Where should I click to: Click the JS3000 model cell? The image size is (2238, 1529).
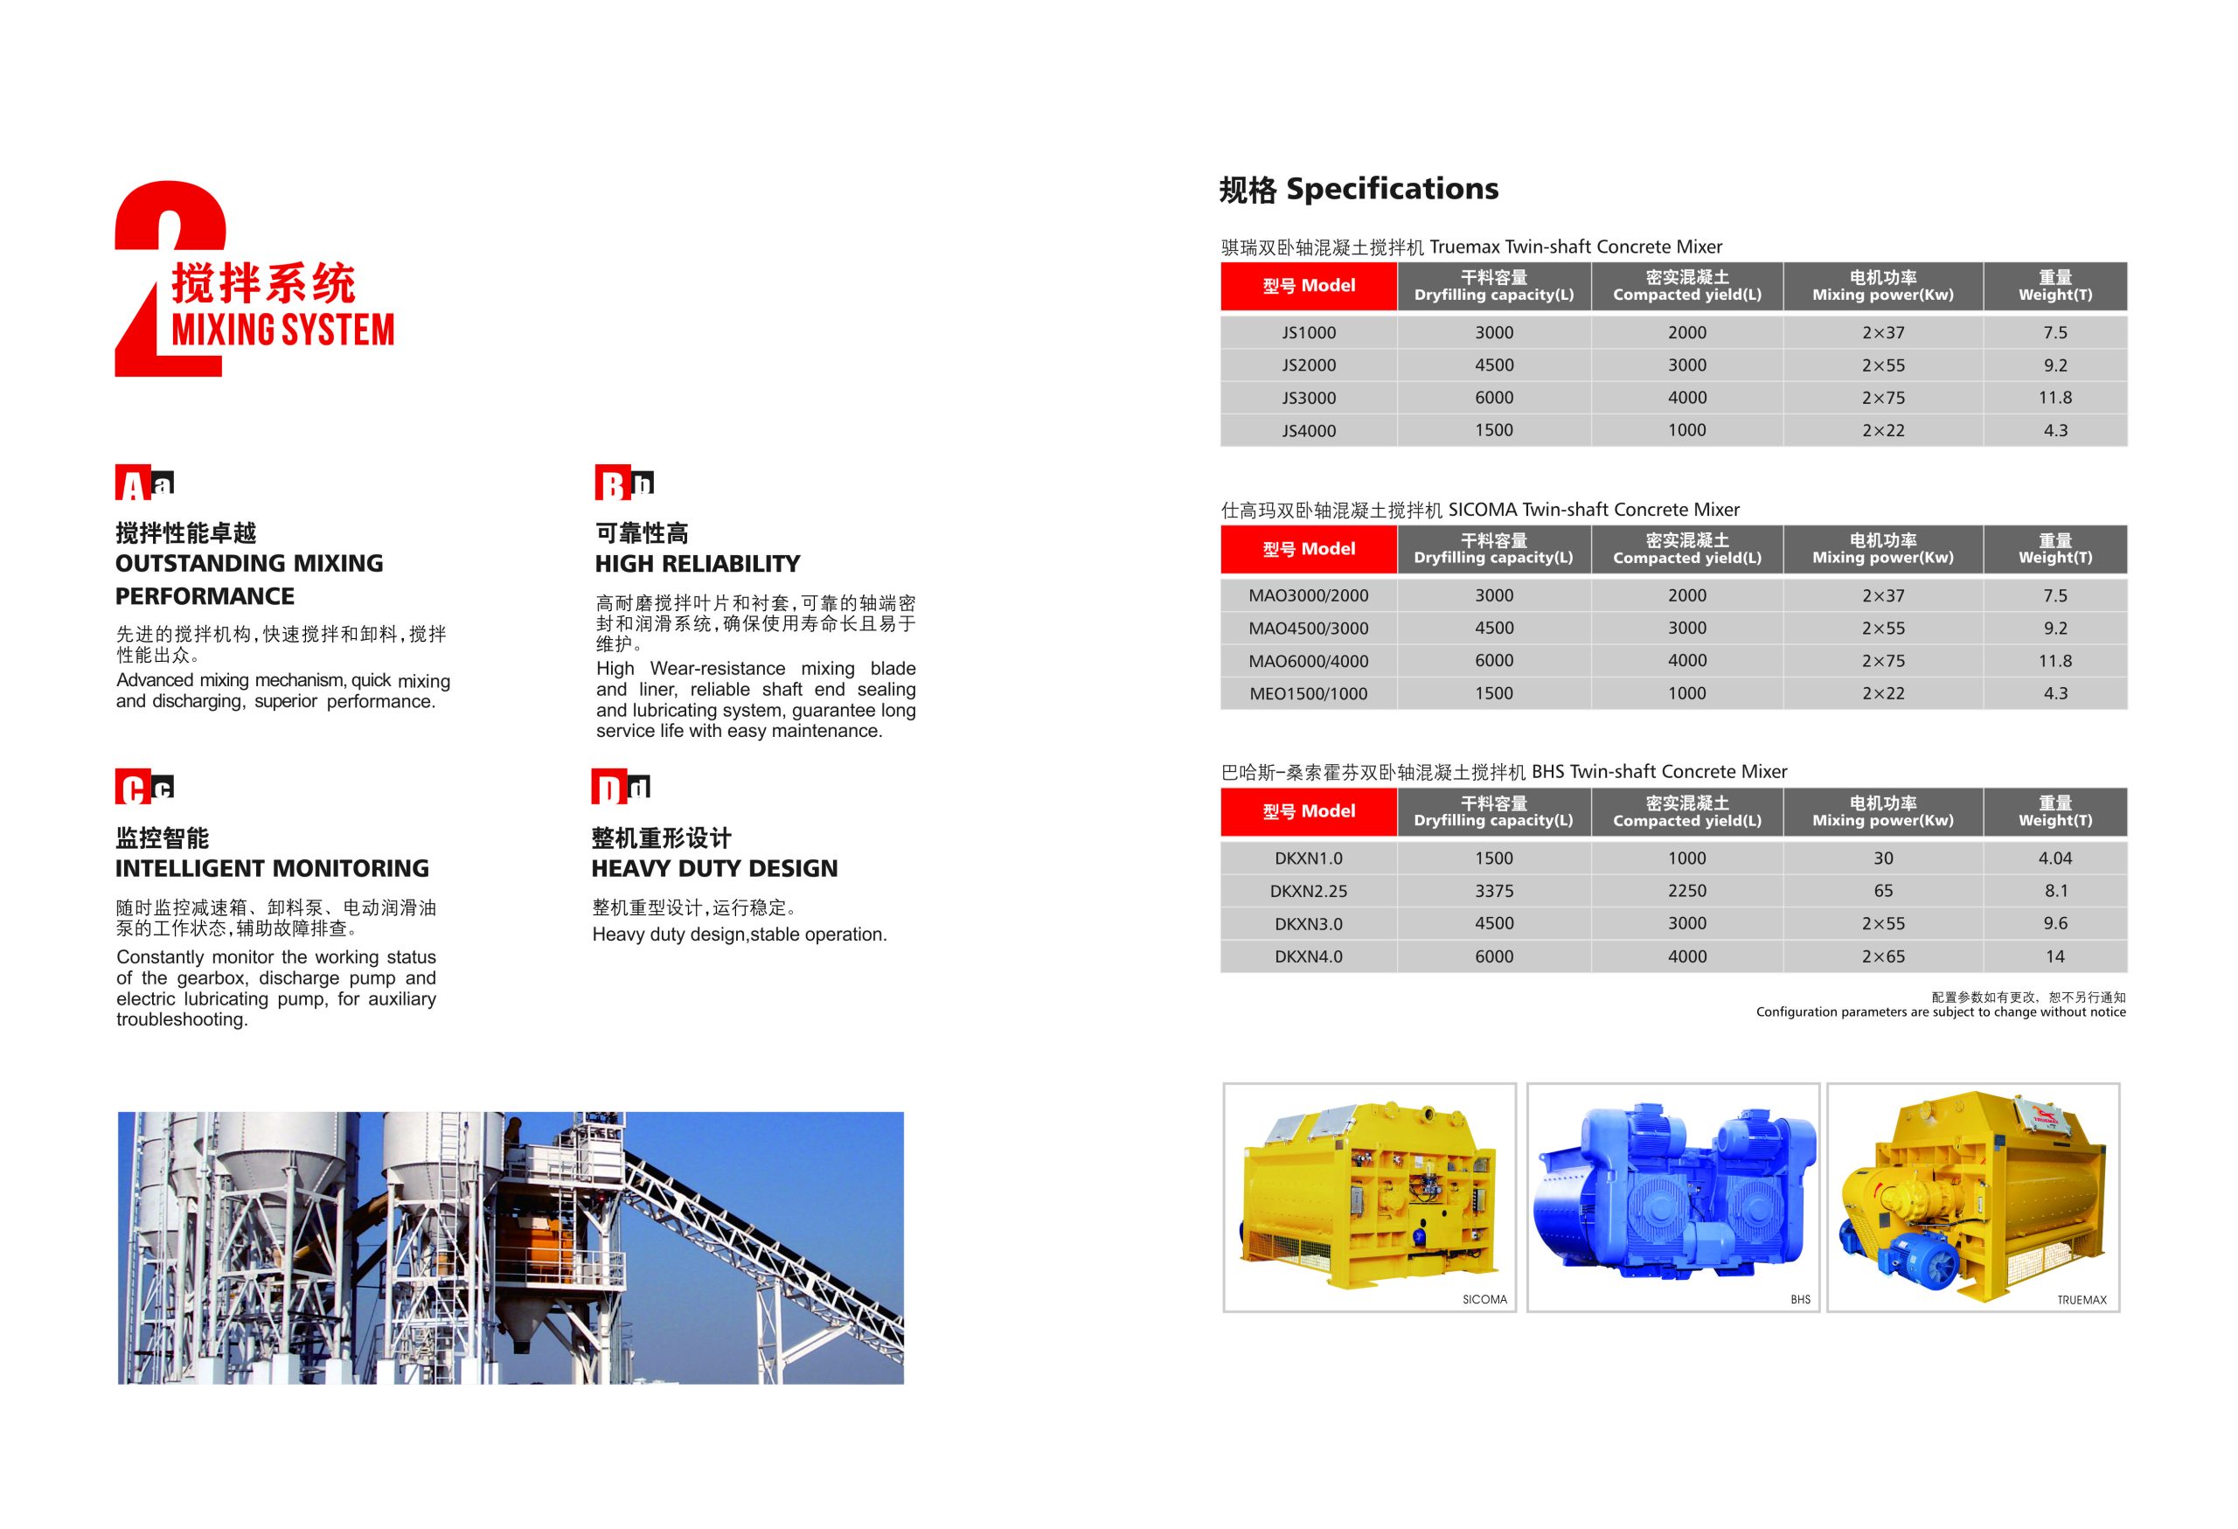tap(1309, 398)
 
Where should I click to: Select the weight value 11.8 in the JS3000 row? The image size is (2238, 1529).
tap(2055, 398)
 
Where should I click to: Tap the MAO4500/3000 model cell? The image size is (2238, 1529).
tap(1309, 628)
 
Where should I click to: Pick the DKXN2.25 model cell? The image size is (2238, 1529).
tap(1309, 891)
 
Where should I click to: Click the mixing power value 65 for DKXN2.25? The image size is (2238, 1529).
tap(1883, 891)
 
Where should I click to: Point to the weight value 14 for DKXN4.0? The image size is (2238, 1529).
tap(2055, 956)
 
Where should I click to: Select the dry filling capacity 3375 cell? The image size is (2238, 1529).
tap(1494, 891)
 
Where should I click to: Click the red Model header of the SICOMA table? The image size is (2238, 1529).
tap(1309, 549)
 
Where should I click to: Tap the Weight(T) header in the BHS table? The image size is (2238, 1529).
tap(2055, 811)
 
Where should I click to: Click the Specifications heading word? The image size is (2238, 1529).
tap(1393, 189)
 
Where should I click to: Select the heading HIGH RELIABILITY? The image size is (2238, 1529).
tap(698, 563)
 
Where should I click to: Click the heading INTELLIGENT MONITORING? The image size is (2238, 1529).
tap(272, 868)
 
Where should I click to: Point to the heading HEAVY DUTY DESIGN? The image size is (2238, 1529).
tap(714, 868)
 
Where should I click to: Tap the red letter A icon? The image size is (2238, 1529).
tap(132, 483)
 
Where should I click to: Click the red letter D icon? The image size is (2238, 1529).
tap(608, 788)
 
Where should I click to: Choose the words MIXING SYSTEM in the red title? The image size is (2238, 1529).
tap(283, 330)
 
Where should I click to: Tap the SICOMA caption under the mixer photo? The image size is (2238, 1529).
tap(1484, 1300)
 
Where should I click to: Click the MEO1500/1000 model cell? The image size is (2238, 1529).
tap(1309, 693)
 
